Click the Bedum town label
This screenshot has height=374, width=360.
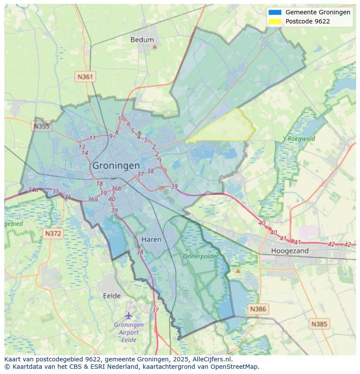tap(142, 40)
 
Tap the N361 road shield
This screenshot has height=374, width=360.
tap(85, 77)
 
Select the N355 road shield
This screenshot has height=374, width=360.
tap(41, 126)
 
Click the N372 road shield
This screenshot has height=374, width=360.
tap(53, 233)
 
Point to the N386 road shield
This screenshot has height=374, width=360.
tap(257, 309)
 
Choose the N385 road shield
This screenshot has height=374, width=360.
tap(320, 324)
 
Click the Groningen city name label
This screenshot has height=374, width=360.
tap(116, 165)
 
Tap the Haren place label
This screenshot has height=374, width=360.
tap(151, 239)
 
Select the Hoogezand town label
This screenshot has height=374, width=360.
tap(290, 251)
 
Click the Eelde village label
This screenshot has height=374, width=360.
tap(112, 296)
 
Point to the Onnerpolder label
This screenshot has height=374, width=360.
tap(200, 256)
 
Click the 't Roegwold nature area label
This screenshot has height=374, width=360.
tap(299, 139)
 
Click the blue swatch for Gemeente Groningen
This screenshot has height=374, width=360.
tap(275, 13)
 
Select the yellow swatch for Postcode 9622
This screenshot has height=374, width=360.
tap(275, 21)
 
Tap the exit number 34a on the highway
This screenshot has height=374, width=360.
tap(33, 190)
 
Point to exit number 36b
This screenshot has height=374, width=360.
tap(116, 189)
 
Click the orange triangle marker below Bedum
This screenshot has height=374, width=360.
tap(154, 46)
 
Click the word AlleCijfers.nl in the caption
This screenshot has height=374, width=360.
tap(212, 359)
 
